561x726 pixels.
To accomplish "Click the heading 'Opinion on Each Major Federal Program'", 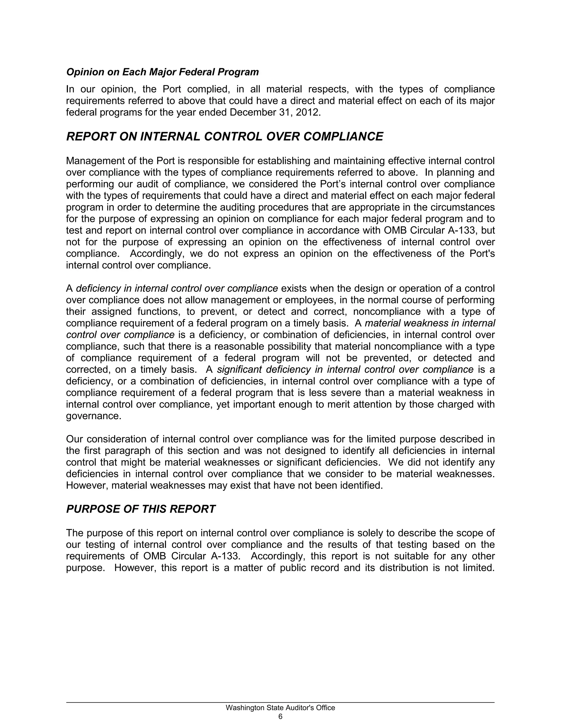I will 162,72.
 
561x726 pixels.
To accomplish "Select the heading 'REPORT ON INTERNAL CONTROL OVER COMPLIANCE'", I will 225,137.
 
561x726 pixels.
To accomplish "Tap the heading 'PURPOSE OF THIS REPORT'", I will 141,509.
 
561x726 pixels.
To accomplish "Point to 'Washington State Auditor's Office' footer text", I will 280,707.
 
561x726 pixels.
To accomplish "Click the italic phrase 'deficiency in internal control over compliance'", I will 177,288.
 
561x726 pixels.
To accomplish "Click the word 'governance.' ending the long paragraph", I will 94,416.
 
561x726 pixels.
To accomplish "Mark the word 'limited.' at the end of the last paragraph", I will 479,567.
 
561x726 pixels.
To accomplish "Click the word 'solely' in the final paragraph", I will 370,533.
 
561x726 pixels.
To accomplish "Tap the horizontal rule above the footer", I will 280,702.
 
